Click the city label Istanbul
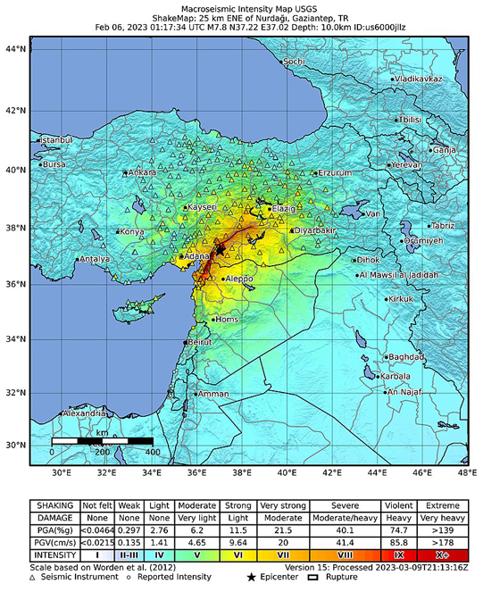tap(55, 140)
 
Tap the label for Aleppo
tap(239, 279)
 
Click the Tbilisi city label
tap(409, 119)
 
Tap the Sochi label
tap(294, 62)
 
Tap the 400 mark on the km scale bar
tap(153, 452)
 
